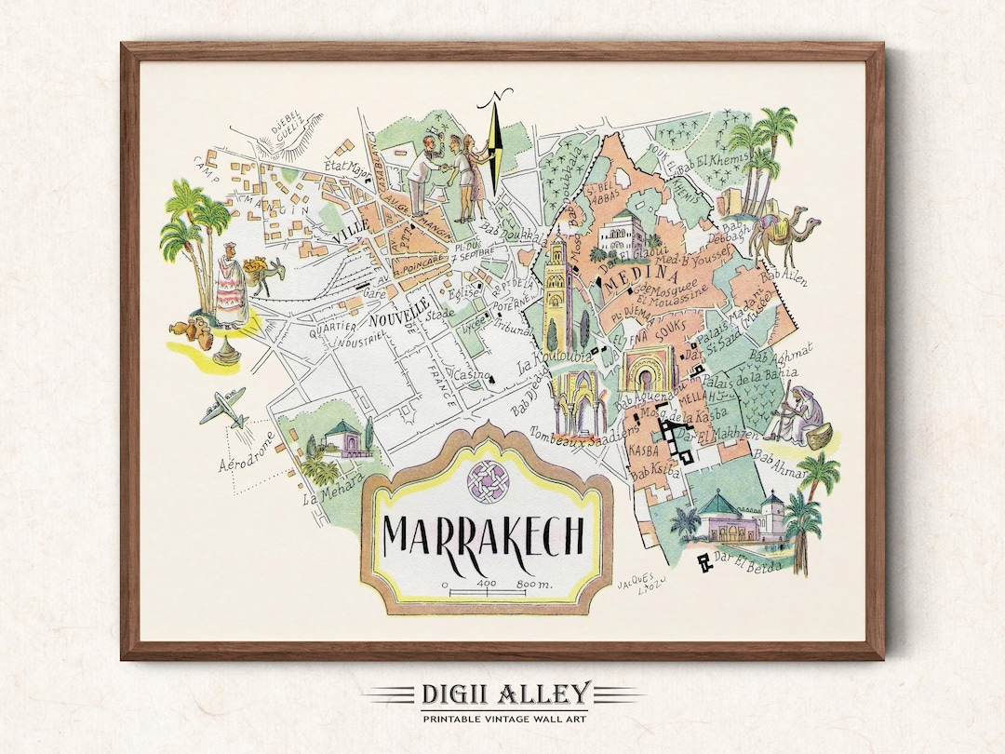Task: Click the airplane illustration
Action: click(x=223, y=408)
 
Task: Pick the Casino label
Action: click(x=465, y=374)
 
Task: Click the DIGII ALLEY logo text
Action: click(x=502, y=694)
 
